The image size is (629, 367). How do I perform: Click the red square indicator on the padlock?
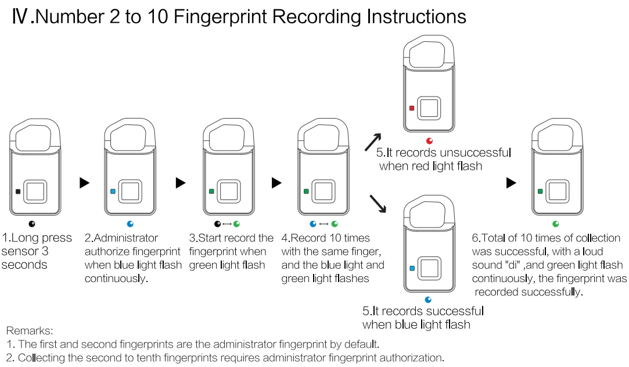pos(412,108)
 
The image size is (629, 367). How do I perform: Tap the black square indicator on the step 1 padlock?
pos(17,191)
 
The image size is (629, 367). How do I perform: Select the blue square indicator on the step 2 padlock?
pos(113,191)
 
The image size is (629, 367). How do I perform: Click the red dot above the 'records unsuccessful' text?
pos(430,141)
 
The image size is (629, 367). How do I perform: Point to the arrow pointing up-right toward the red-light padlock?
pos(373,142)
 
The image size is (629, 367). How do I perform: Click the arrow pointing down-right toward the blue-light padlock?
pos(378,204)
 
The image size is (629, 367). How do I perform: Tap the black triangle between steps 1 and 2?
pos(84,183)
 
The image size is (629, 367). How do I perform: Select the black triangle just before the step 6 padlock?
pos(511,183)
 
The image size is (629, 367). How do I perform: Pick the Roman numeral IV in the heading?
pos(20,16)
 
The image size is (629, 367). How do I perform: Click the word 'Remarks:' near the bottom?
pos(29,330)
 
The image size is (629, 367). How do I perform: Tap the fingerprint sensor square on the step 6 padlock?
pos(557,191)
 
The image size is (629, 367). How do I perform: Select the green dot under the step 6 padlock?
pos(556,224)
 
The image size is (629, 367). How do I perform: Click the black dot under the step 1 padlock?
pos(32,224)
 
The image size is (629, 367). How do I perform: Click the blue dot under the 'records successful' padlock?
pos(428,300)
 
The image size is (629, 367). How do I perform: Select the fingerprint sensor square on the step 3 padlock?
pos(229,191)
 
